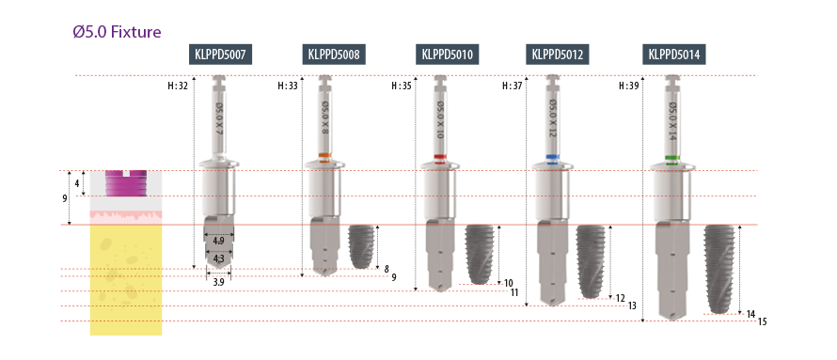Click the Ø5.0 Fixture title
click(x=117, y=32)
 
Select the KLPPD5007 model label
click(x=220, y=55)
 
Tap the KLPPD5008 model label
click(x=334, y=55)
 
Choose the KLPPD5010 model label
click(x=448, y=55)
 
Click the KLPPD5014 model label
click(x=674, y=55)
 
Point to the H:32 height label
click(x=178, y=86)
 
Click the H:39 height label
click(x=628, y=86)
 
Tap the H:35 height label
click(x=402, y=86)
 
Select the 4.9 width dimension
click(x=219, y=241)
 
